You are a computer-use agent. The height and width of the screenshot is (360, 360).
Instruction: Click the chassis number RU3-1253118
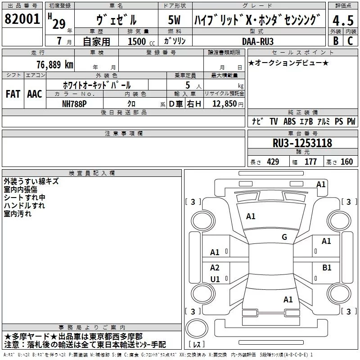coord(302,144)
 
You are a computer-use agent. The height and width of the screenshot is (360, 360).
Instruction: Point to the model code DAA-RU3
coord(257,40)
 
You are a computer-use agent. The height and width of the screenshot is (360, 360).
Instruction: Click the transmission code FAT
coord(13,94)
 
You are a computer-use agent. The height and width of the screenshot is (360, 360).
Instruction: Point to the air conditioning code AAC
coord(35,94)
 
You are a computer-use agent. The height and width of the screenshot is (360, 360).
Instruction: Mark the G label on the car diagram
coord(284,237)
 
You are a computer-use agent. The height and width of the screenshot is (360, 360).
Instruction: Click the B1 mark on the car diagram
coord(327,267)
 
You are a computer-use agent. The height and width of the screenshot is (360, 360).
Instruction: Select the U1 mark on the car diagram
coord(215,279)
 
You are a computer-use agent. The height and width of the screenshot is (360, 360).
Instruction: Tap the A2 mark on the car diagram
coord(215,267)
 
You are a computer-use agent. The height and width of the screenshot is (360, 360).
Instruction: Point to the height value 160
coord(346,162)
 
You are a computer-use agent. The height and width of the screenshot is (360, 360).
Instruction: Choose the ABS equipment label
coord(289,121)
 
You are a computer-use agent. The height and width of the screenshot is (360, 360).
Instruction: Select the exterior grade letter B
coord(335,40)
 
